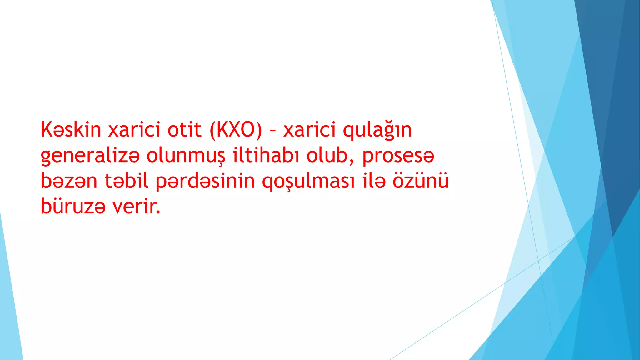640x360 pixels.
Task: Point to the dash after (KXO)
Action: [x=272, y=131]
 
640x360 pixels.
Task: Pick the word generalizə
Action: [x=90, y=156]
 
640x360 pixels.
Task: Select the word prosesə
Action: [x=398, y=156]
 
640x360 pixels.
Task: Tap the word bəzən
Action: [x=69, y=181]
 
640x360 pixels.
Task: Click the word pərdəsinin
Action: [x=205, y=182]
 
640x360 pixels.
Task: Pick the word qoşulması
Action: [x=308, y=182]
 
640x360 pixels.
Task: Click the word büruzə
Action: [x=73, y=206]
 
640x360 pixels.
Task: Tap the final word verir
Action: [x=136, y=206]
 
